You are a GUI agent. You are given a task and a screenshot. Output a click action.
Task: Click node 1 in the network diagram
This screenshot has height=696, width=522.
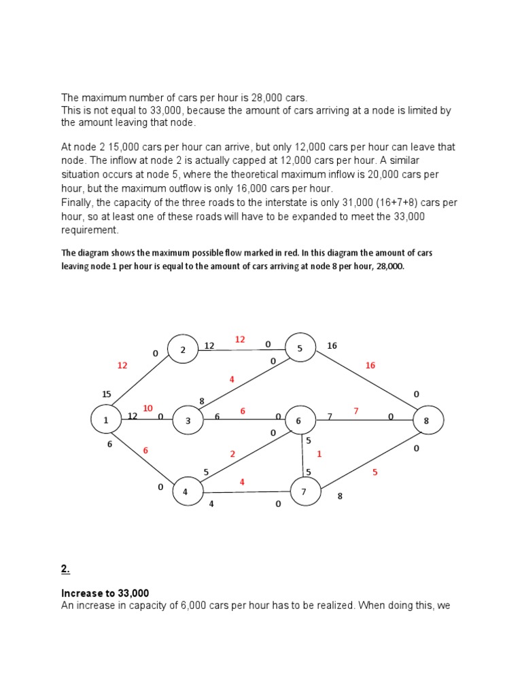pos(106,421)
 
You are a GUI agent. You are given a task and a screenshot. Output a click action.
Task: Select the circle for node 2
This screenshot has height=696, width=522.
pos(183,350)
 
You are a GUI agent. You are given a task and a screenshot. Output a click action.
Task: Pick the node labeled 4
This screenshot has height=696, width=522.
pos(185,492)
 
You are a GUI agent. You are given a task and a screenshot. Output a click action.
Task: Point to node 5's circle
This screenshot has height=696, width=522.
pos(300,348)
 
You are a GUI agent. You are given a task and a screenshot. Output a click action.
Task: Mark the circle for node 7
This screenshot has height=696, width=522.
pos(305,492)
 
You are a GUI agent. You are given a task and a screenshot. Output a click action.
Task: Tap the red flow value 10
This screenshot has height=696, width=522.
pos(147,408)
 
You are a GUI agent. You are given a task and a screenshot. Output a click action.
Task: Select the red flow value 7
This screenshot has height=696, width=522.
pos(355,410)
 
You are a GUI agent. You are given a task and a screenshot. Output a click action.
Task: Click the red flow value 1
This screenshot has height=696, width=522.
pos(319,453)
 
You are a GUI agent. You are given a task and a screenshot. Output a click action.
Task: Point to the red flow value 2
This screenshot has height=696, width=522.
pos(232,453)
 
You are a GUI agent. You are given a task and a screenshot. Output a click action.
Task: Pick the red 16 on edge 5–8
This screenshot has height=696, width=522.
pos(370,365)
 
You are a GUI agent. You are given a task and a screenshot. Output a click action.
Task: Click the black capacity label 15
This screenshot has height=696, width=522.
pos(106,394)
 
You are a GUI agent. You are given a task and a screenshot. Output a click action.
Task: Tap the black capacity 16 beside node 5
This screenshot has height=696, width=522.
pos(332,346)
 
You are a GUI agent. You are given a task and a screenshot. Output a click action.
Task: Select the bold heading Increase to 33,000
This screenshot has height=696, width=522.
pos(105,593)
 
